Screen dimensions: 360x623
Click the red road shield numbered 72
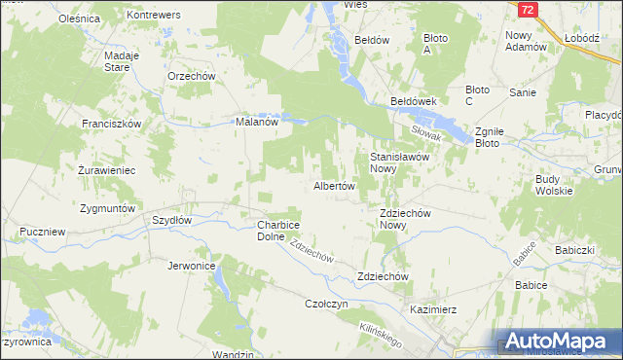(527, 10)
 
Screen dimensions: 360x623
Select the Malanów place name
(258, 123)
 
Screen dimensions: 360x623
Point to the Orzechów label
(191, 76)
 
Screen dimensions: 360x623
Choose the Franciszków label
(112, 125)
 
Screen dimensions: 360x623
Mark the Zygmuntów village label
(110, 209)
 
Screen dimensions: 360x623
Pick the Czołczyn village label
(327, 304)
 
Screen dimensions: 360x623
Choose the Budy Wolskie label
(560, 186)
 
